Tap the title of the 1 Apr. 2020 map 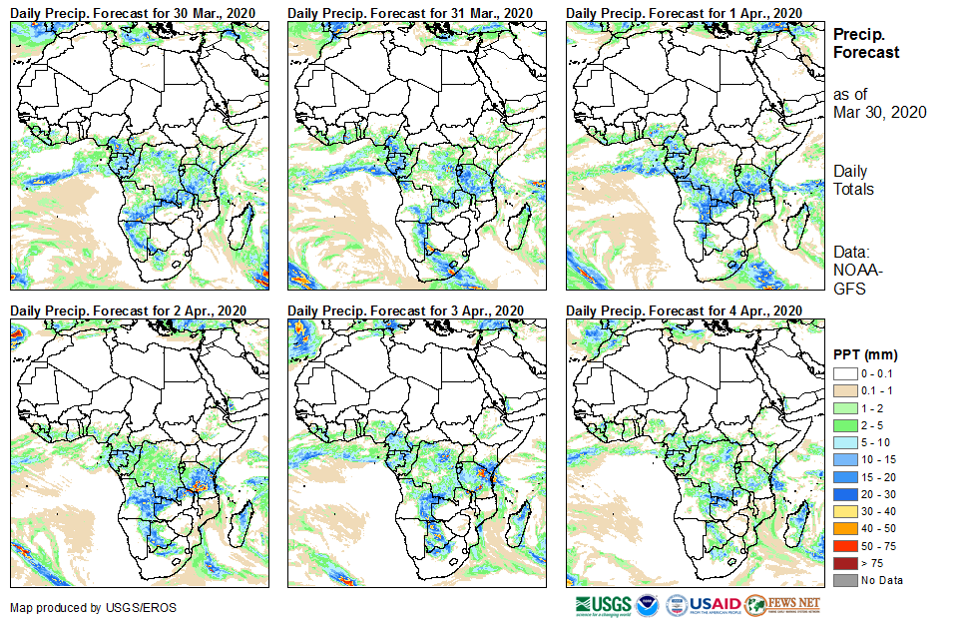(684, 12)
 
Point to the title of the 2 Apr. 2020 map (129, 312)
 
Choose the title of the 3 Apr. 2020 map (406, 312)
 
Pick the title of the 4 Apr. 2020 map (684, 312)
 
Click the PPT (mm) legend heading (865, 354)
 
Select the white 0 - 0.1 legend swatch (844, 372)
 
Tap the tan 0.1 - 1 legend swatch (844, 389)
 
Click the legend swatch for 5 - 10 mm (844, 441)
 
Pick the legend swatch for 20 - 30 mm (844, 493)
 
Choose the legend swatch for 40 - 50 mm (844, 528)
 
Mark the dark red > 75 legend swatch (844, 563)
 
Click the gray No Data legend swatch (844, 580)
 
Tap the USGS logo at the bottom (603, 605)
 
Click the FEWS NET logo (783, 605)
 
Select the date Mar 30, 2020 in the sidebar (879, 112)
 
